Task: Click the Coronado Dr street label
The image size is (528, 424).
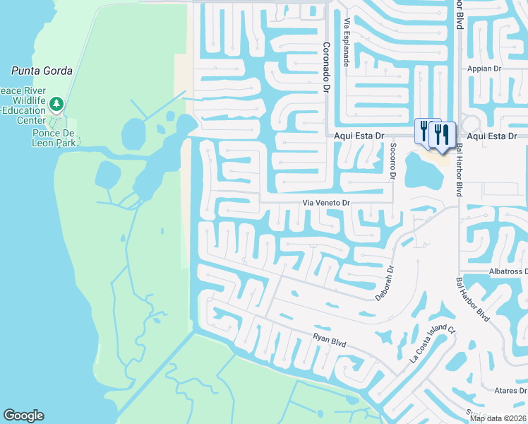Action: [327, 68]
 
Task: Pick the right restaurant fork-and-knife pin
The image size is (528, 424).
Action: [442, 134]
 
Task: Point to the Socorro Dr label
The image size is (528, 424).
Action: [392, 161]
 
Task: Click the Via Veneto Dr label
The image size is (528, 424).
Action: [326, 203]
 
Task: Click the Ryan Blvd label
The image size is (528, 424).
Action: [330, 341]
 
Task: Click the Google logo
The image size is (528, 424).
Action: [23, 416]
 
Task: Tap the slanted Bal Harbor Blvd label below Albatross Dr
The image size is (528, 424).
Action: [473, 300]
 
